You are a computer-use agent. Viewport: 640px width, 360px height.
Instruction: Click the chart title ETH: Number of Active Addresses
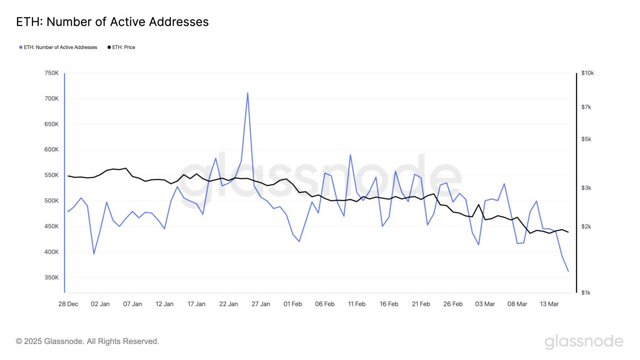[112, 22]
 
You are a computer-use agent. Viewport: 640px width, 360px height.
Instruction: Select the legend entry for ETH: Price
[122, 47]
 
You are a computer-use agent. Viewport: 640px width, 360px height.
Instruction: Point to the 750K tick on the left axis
[51, 73]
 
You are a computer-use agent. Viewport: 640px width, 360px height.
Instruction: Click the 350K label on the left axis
[51, 278]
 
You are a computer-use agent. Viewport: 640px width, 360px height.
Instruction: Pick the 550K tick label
[51, 175]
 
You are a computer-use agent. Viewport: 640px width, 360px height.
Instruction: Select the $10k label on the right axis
[587, 73]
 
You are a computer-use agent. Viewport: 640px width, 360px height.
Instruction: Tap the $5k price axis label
[586, 139]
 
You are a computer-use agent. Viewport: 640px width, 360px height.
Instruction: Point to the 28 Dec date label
[68, 304]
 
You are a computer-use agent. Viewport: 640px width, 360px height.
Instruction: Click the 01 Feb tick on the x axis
[293, 304]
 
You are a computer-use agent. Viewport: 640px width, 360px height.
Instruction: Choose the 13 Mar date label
[549, 304]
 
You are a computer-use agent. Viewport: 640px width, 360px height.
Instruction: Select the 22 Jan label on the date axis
[229, 304]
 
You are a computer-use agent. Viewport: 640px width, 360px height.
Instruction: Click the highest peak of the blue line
[247, 93]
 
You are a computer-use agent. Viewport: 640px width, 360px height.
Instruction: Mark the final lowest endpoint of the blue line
[568, 271]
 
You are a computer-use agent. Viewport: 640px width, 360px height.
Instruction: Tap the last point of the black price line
[568, 232]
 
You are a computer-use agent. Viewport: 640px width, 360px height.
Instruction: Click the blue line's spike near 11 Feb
[350, 155]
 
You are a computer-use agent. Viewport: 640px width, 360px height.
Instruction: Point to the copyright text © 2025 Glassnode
[87, 341]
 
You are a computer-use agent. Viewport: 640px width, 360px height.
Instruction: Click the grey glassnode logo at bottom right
[584, 342]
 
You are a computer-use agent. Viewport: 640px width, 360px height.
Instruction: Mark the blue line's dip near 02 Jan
[94, 254]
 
